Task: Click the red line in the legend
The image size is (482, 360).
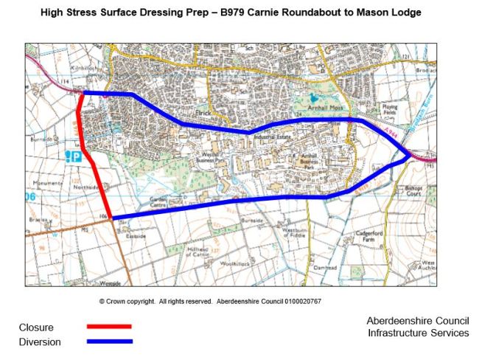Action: click(x=109, y=325)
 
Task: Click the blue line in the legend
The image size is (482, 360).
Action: click(x=109, y=341)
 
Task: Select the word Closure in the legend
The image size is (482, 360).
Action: click(x=36, y=327)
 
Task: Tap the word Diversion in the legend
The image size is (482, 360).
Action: click(x=40, y=342)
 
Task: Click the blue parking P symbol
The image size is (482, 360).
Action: click(x=75, y=156)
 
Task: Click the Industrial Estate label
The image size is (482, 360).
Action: click(x=268, y=137)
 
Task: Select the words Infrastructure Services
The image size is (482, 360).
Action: click(x=417, y=333)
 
